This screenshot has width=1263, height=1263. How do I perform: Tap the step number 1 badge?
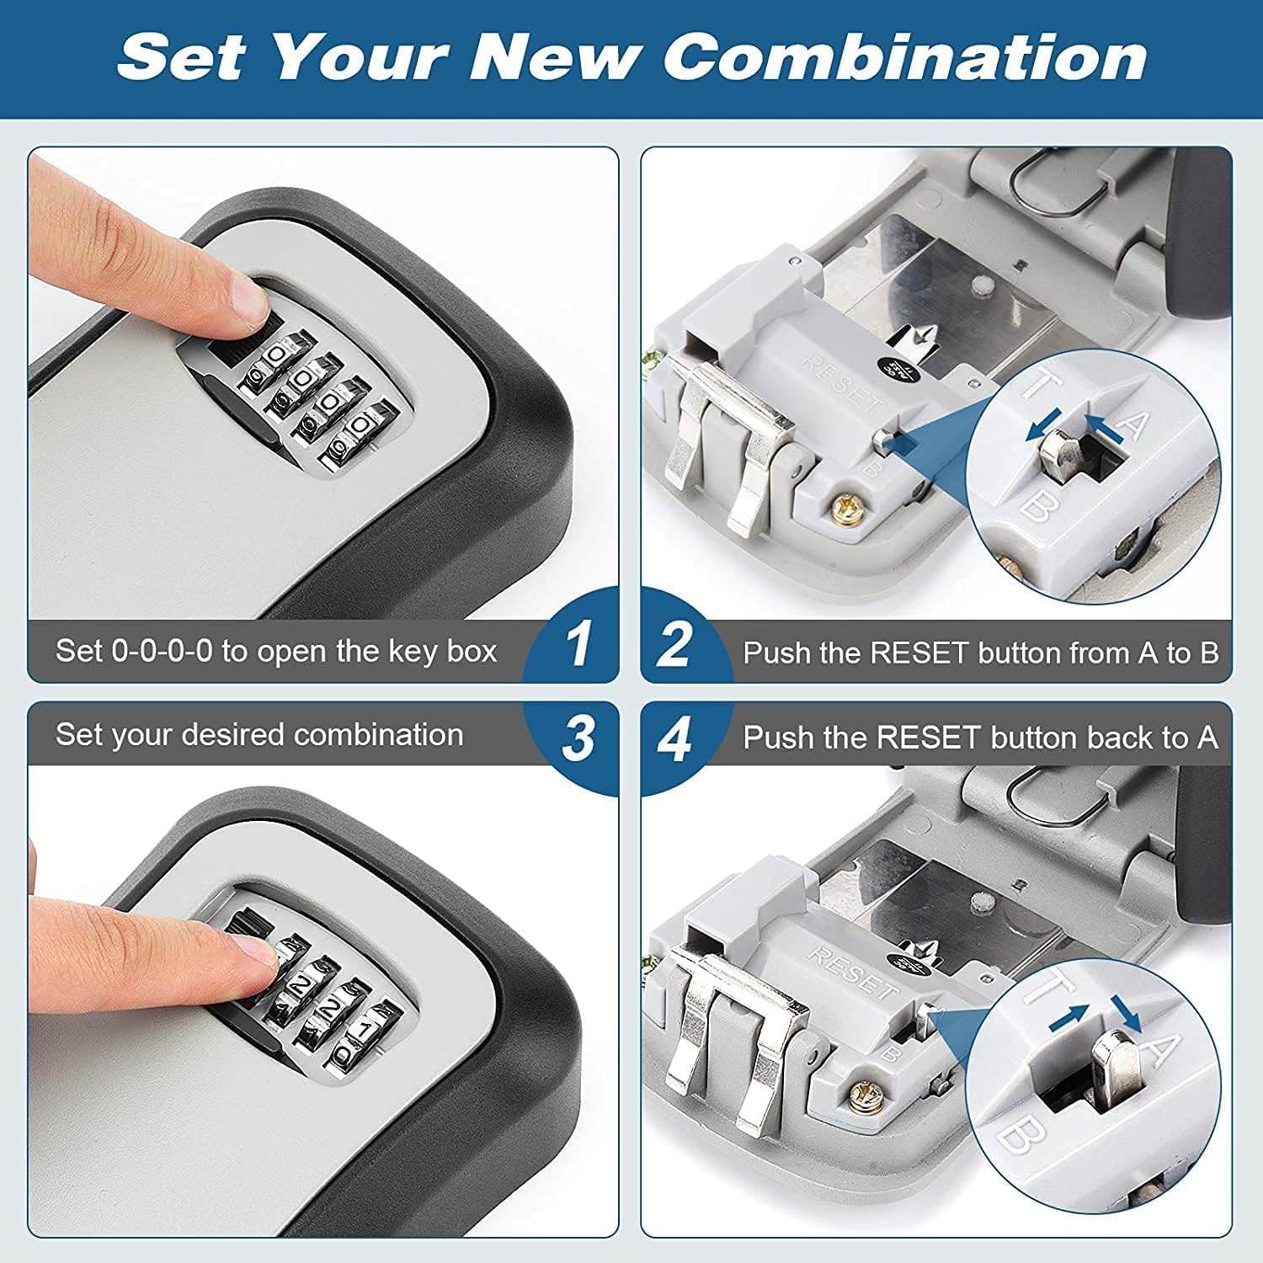pos(578,646)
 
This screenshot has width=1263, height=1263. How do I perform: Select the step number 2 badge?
pos(674,646)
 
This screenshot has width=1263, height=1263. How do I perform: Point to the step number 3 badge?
pos(578,738)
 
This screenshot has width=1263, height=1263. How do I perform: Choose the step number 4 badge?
pos(674,740)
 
